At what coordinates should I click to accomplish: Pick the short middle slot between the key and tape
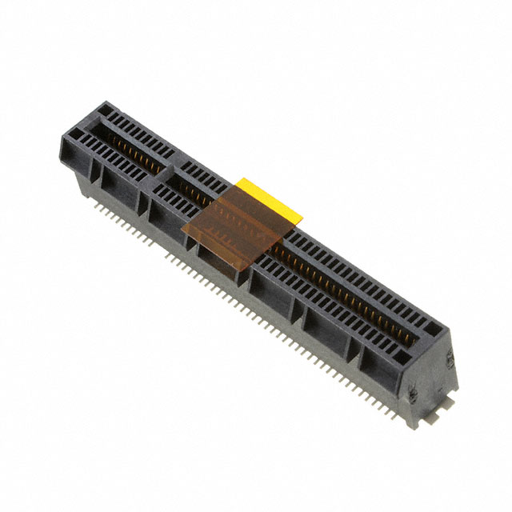pyautogui.click(x=192, y=193)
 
